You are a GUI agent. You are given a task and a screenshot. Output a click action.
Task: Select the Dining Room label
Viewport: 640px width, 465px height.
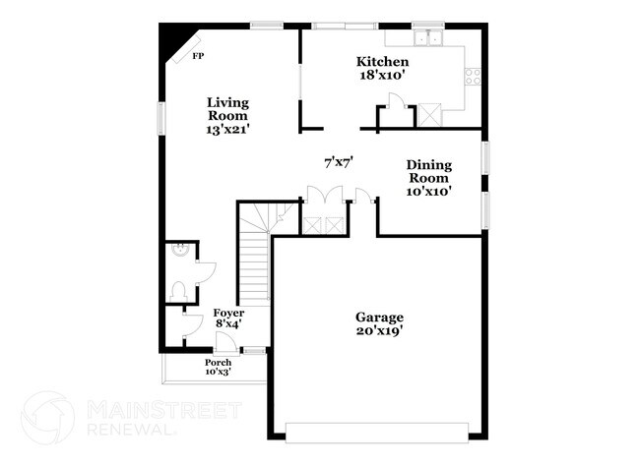pyautogui.click(x=429, y=178)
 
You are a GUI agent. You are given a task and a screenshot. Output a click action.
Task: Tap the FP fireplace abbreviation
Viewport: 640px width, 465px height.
pyautogui.click(x=198, y=56)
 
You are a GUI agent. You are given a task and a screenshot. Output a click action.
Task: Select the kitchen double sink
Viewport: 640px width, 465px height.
pyautogui.click(x=428, y=39)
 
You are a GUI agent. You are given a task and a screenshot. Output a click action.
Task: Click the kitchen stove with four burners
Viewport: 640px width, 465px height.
pyautogui.click(x=473, y=75)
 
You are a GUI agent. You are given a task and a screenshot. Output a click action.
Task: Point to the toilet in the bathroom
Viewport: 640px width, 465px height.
pyautogui.click(x=178, y=290)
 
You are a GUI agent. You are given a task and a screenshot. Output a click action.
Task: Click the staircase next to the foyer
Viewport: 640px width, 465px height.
pyautogui.click(x=255, y=256)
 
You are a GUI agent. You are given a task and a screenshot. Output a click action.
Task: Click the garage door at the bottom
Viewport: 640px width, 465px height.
pyautogui.click(x=377, y=428)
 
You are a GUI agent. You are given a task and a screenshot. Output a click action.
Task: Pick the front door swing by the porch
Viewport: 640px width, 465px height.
pyautogui.click(x=225, y=342)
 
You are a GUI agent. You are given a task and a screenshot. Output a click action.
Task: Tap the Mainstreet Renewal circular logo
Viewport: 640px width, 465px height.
pyautogui.click(x=47, y=417)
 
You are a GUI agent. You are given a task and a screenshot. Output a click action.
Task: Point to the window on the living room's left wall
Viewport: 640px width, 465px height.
pyautogui.click(x=162, y=115)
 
